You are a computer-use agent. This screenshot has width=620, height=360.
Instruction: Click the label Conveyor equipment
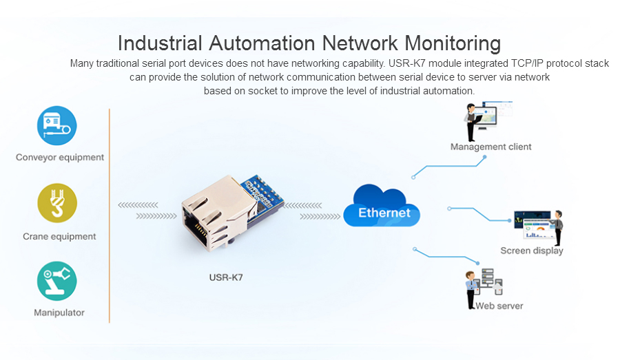click(x=60, y=158)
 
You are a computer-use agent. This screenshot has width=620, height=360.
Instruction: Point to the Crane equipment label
click(x=59, y=237)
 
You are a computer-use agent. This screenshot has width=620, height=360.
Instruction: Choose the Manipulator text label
click(x=59, y=313)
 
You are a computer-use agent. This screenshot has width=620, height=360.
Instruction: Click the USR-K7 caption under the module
click(x=226, y=278)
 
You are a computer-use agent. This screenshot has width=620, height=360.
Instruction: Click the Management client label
click(x=490, y=147)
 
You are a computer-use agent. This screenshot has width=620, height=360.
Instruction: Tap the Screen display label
click(x=531, y=251)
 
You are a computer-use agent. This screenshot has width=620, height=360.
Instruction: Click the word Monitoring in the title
click(x=451, y=43)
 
